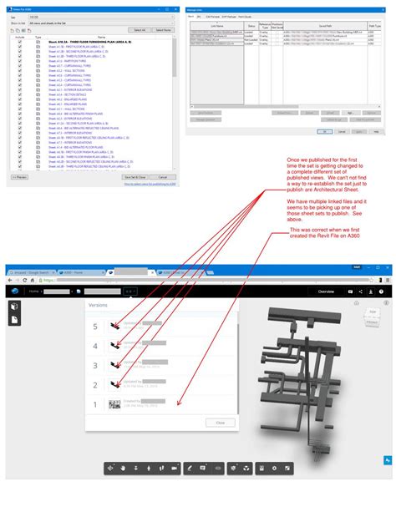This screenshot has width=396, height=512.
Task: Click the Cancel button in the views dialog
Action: pyautogui.click(x=162, y=177)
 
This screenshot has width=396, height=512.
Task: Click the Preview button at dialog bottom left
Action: pyautogui.click(x=18, y=177)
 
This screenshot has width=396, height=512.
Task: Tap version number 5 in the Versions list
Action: pyautogui.click(x=95, y=327)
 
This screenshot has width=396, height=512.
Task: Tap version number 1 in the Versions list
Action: pyautogui.click(x=95, y=404)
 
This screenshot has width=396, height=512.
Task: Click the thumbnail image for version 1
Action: pyautogui.click(x=115, y=404)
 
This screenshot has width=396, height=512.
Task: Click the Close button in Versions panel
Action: pyautogui.click(x=221, y=423)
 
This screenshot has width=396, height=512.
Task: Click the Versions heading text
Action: pyautogui.click(x=99, y=306)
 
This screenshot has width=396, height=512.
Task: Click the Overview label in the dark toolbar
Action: pyautogui.click(x=325, y=291)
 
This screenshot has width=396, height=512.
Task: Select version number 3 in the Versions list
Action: pyautogui.click(x=95, y=365)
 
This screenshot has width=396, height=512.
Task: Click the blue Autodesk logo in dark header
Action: pyautogui.click(x=14, y=291)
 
